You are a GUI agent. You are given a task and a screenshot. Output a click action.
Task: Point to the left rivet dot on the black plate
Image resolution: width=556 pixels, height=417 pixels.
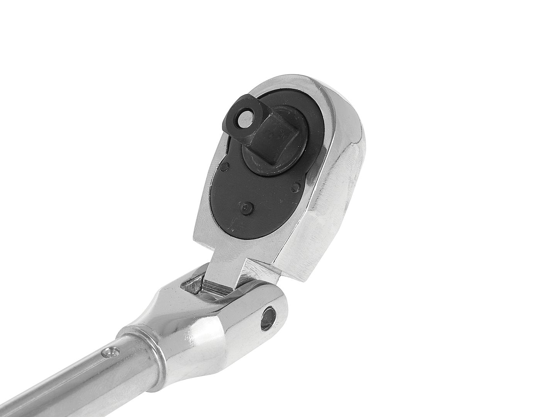point(225,167)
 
